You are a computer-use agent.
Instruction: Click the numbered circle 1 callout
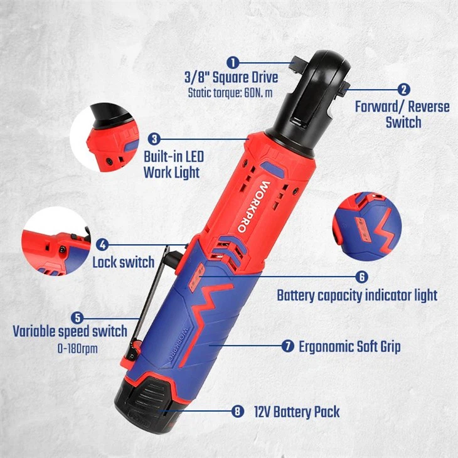pos(233,62)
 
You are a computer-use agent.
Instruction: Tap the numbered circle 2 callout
pos(405,90)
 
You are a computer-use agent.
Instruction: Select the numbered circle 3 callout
pos(155,139)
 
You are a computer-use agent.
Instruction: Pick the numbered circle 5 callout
pos(77,317)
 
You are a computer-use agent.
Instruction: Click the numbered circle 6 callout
pos(361,277)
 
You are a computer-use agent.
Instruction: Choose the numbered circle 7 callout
pos(287,346)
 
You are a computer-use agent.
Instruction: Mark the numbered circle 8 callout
pos(237,412)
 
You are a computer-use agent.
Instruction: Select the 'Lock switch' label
pos(123,262)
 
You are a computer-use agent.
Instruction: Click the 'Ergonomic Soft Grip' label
pos(349,346)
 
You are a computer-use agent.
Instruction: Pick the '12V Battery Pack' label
pos(297,412)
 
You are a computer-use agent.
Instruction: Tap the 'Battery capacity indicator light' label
pos(357,295)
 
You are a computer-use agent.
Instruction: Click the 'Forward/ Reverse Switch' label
pos(402,114)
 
